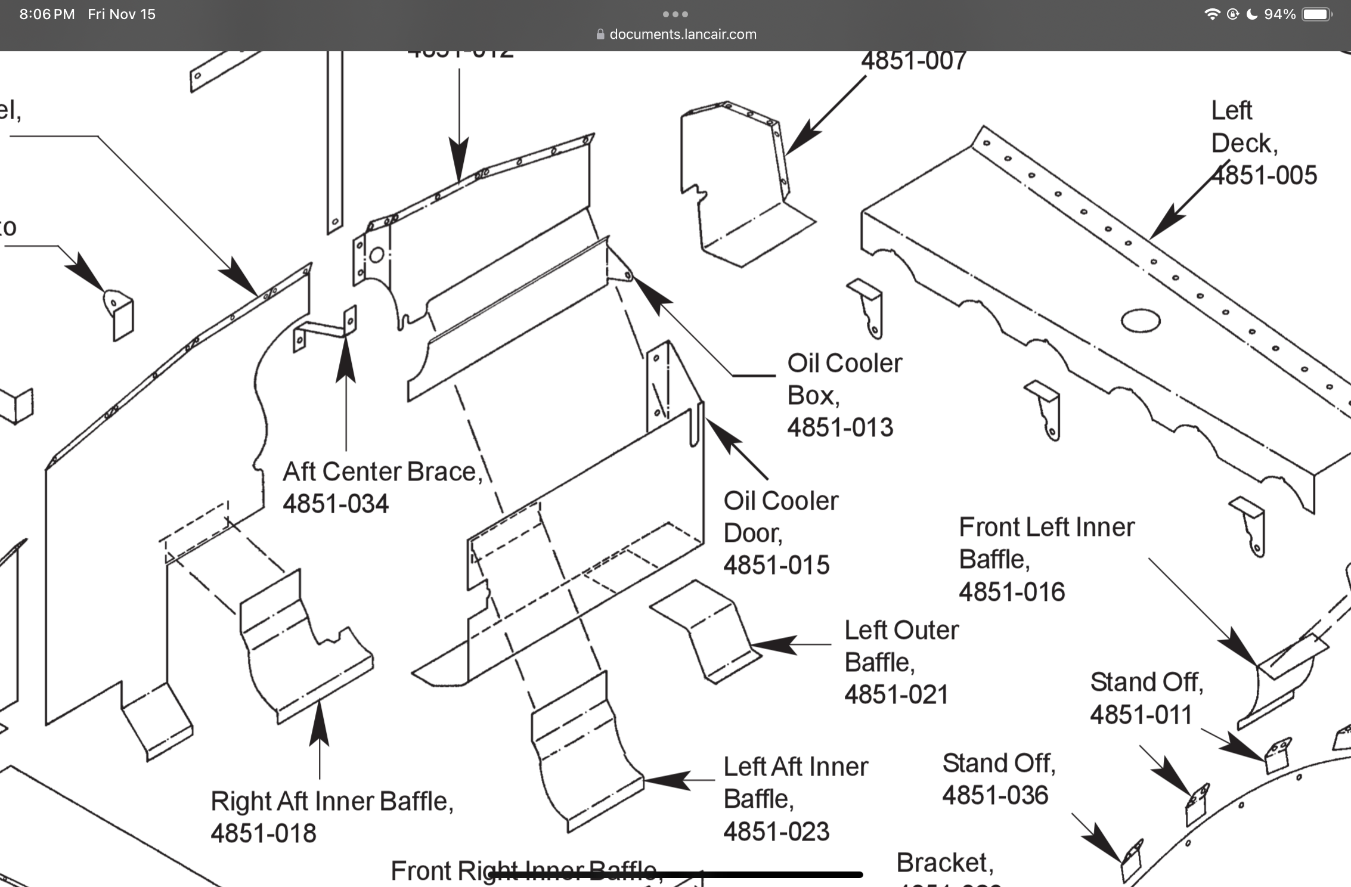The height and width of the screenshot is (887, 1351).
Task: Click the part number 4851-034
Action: [336, 504]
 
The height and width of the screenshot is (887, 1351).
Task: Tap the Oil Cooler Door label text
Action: [780, 517]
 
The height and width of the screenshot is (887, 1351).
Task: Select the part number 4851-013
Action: [840, 427]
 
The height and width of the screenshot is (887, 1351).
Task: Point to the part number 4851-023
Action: [776, 832]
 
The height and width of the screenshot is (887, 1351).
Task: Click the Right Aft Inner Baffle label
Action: [331, 801]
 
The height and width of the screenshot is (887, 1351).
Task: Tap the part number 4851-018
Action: [264, 833]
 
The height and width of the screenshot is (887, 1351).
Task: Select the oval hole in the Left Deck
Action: [1140, 321]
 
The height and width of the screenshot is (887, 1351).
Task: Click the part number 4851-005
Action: [1265, 175]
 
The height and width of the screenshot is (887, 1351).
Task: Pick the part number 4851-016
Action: [1012, 592]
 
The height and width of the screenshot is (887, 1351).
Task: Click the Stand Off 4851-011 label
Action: [1147, 698]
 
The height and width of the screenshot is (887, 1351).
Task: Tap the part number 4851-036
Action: [995, 795]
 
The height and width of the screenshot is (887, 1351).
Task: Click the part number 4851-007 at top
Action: [914, 61]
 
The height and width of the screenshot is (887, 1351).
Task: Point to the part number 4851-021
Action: [896, 694]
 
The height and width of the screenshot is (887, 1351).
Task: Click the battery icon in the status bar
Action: [1316, 14]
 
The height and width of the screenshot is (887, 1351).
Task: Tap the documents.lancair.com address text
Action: [683, 35]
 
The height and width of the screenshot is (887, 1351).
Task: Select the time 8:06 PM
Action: [47, 14]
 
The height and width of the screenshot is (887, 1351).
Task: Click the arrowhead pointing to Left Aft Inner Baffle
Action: [665, 780]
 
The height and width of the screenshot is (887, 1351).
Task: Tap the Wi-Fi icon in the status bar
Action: [1211, 14]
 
